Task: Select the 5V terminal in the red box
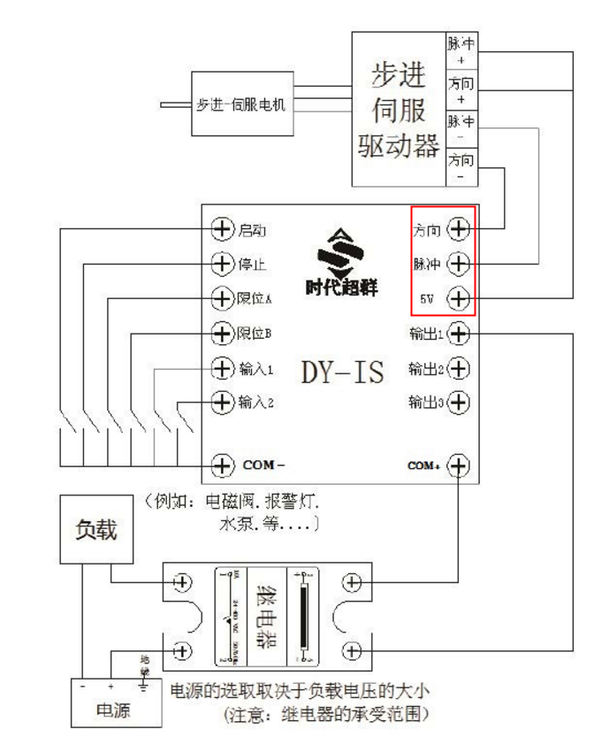(458, 299)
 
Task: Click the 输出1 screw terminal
(460, 334)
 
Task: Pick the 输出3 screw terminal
(460, 403)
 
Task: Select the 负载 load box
(95, 530)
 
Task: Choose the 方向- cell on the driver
(460, 166)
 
